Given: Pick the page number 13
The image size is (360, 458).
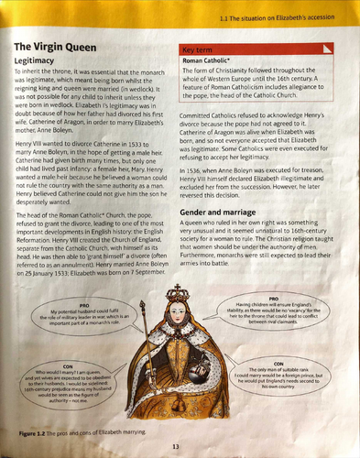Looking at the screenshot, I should pyautogui.click(x=177, y=447).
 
